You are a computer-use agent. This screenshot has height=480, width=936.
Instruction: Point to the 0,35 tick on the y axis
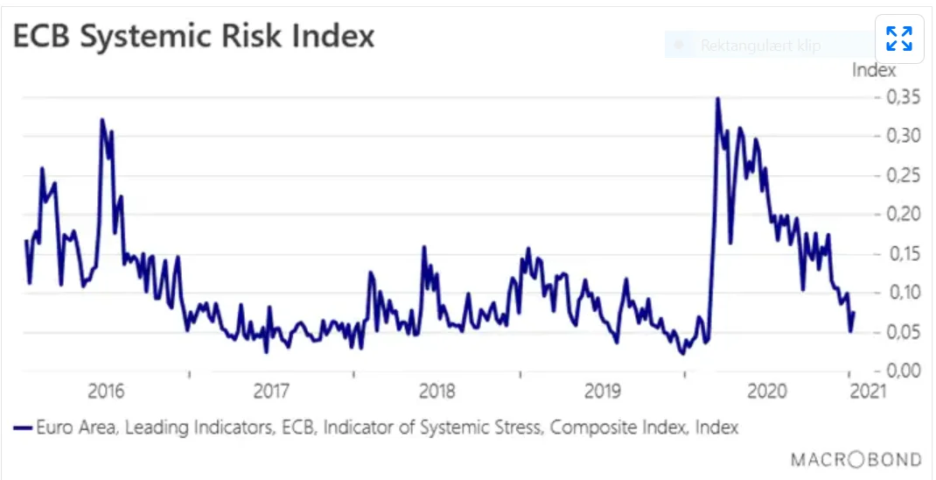click(x=900, y=96)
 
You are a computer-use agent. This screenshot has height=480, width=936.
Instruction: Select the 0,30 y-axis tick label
click(x=900, y=136)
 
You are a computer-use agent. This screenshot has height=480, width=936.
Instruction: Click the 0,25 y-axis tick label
click(x=900, y=175)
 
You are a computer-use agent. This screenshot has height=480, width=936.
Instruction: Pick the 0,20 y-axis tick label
click(x=900, y=214)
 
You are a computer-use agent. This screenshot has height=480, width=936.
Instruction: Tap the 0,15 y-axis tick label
click(x=900, y=253)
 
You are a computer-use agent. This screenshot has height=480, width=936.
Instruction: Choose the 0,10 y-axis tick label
click(x=900, y=292)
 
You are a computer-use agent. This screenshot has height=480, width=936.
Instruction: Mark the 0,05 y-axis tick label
click(x=900, y=331)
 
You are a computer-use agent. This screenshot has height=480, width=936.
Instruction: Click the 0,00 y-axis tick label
click(x=900, y=370)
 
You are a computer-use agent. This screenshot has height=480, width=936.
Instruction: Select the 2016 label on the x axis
click(x=106, y=390)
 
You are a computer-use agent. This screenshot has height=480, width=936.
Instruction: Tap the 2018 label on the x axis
click(x=437, y=390)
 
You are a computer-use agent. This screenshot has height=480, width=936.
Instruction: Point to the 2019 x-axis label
click(x=602, y=390)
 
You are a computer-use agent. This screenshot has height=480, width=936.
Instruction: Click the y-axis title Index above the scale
click(x=874, y=70)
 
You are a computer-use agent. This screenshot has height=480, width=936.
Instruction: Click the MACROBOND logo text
click(x=856, y=459)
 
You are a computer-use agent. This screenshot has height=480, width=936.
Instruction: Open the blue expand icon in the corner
click(x=899, y=39)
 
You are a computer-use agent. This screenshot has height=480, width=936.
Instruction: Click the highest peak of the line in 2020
click(x=717, y=98)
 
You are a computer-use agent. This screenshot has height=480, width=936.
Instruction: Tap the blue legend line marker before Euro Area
click(x=23, y=427)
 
